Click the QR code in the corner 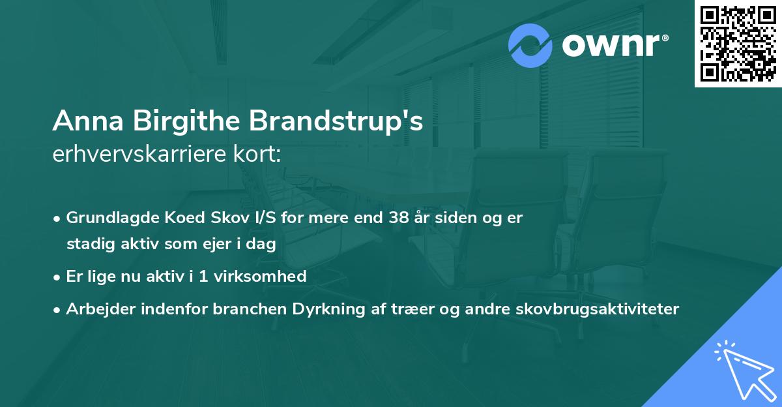click(738, 44)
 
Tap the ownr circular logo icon click(530, 46)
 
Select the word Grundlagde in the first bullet click(105, 218)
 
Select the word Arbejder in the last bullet click(95, 309)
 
